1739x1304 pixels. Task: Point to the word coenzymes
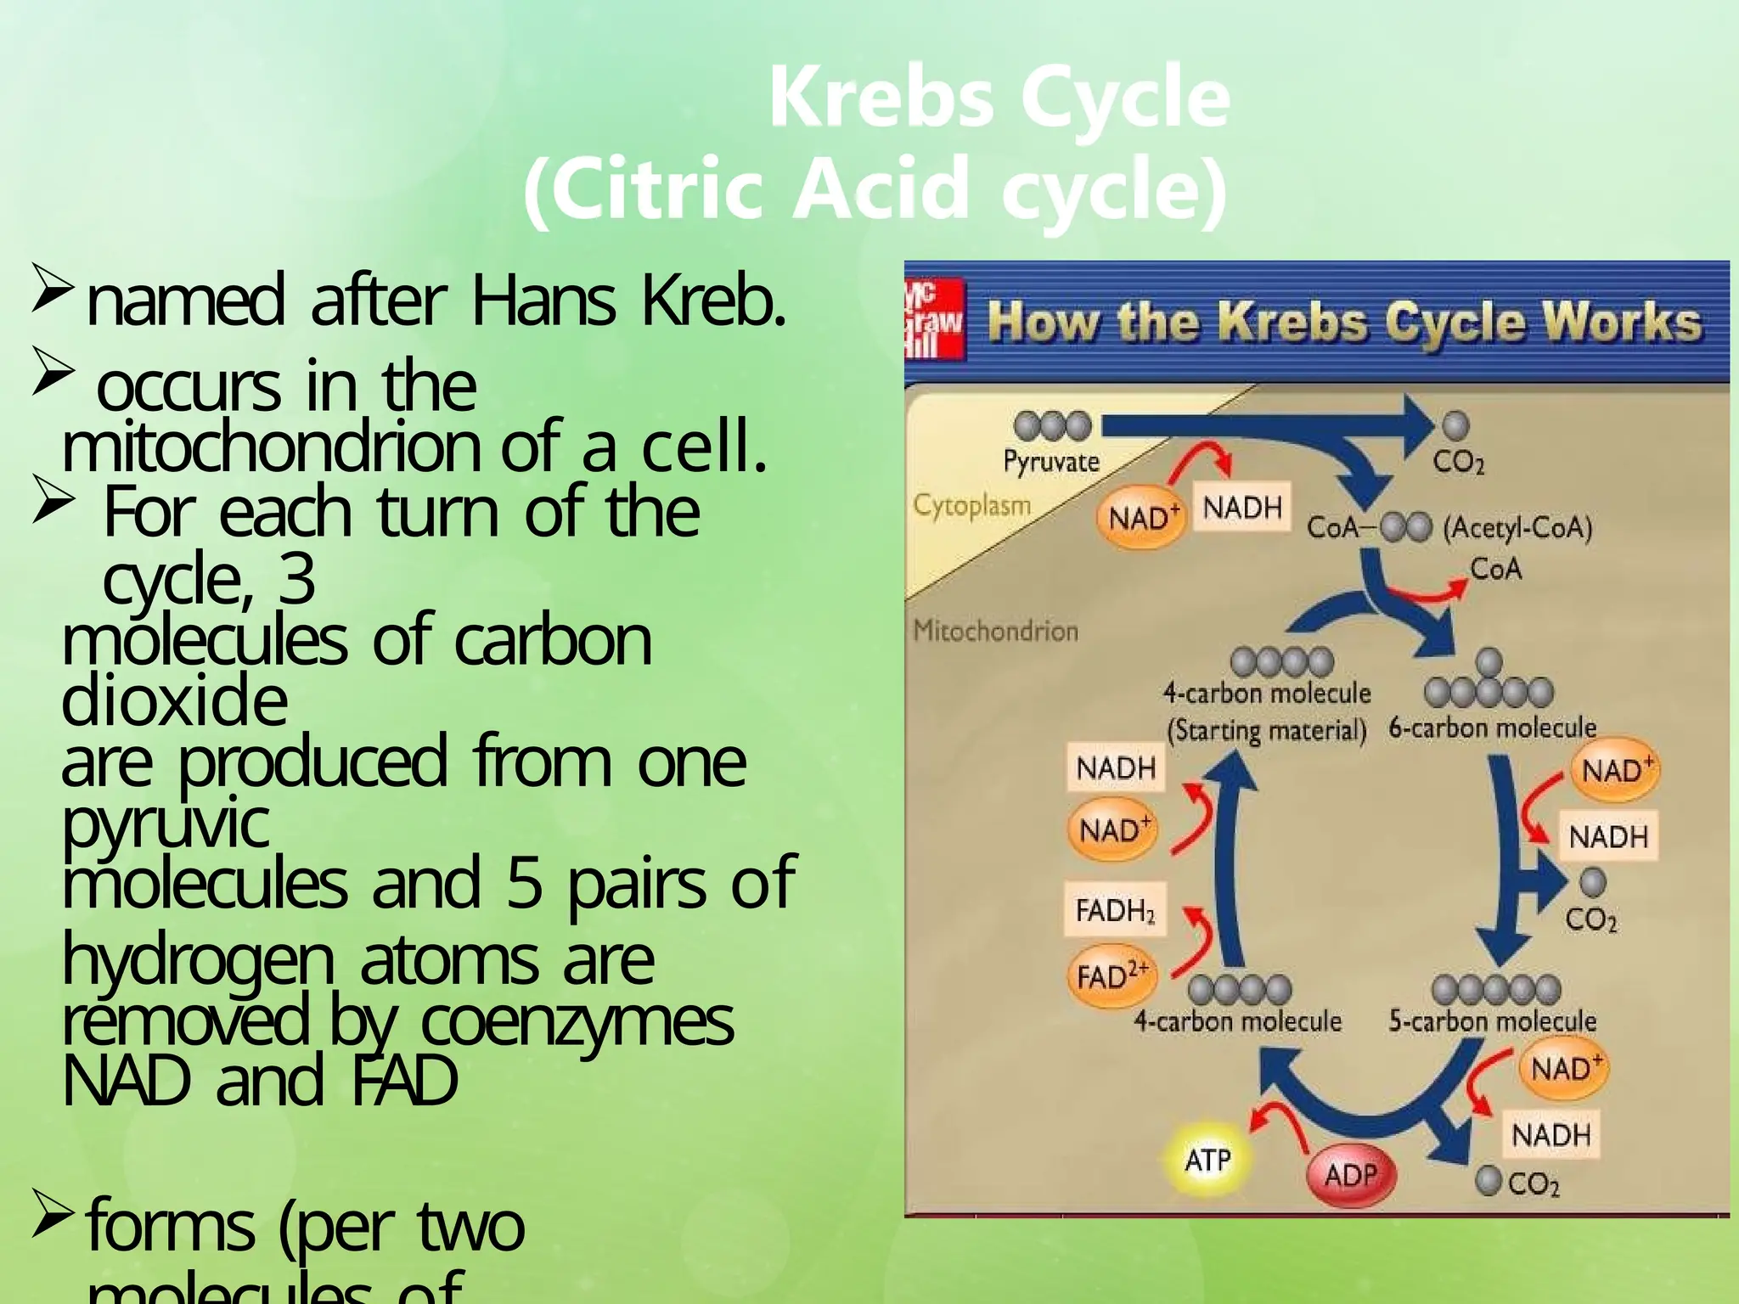coord(577,1022)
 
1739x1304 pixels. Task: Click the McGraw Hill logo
coord(932,322)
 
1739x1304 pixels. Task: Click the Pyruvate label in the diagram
coord(1051,461)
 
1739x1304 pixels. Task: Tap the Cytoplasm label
coord(971,505)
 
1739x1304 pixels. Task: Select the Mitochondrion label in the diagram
coord(995,631)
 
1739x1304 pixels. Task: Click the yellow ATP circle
coord(1207,1159)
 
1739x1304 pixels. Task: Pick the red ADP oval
coord(1349,1175)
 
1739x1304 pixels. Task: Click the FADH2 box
coord(1115,910)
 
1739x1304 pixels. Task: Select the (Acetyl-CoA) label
coord(1517,528)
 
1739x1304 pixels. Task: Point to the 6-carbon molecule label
coord(1492,728)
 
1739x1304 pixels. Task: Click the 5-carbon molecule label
coord(1492,1020)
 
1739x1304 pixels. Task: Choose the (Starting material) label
coord(1266,730)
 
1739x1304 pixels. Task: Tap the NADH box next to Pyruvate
coord(1241,508)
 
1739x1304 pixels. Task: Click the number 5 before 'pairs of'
coord(524,883)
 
